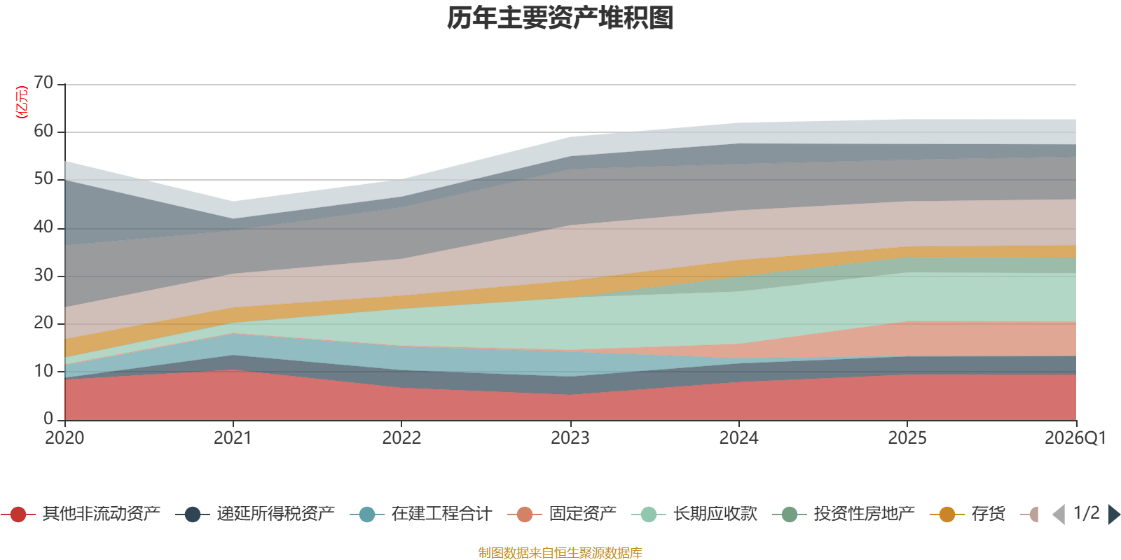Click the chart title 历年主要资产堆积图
560,18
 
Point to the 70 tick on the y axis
43,83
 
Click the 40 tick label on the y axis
43,227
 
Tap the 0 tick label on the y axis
48,419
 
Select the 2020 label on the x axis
64,438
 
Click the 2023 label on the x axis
570,438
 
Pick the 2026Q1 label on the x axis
1075,438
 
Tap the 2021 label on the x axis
233,438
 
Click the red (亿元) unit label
22,102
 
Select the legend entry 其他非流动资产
81,514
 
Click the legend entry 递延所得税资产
255,514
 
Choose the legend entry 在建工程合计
421,514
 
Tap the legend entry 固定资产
562,514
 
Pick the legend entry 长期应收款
694,514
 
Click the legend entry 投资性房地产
844,514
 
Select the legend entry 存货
968,514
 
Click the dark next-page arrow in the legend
1113,514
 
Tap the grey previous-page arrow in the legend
1059,514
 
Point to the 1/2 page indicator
1087,513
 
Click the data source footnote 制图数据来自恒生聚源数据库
560,552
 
